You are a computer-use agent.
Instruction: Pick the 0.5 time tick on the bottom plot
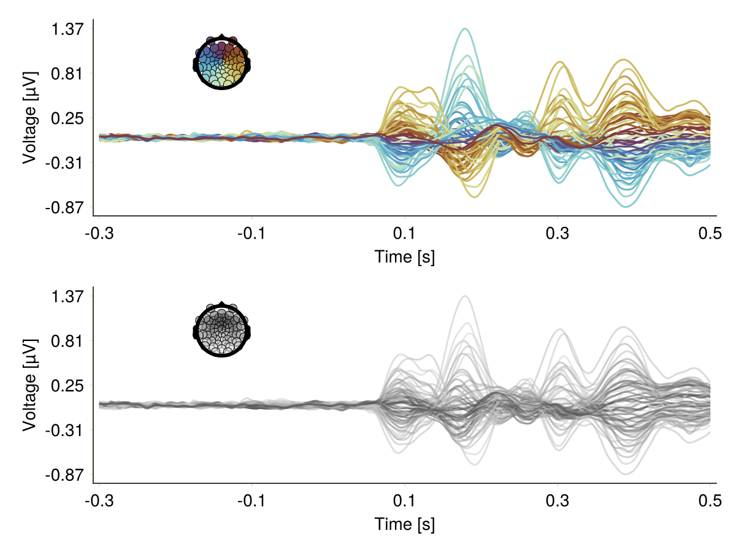(710, 502)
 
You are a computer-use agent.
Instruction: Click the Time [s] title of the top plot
(405, 257)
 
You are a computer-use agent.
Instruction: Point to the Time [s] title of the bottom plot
(405, 525)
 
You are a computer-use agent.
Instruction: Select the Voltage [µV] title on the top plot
(29, 118)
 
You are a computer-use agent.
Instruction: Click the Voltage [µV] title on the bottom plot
(29, 386)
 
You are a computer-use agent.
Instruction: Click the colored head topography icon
(221, 63)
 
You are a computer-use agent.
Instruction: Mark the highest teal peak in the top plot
(466, 29)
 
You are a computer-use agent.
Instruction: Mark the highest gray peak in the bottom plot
(466, 297)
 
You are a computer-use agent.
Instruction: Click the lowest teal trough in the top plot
(625, 206)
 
